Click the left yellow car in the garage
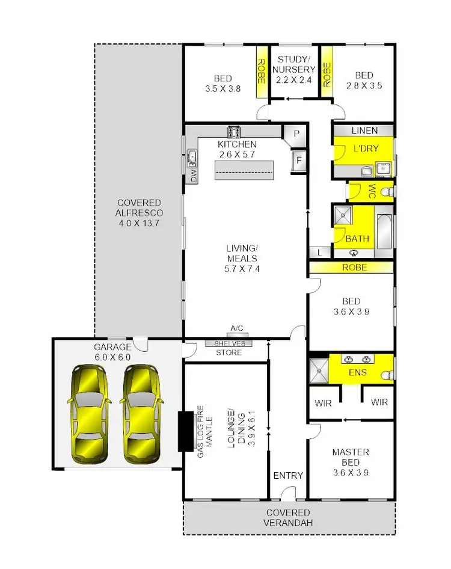(x=90, y=416)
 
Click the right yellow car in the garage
(x=143, y=416)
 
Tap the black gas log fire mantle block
(x=183, y=430)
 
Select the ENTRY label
(x=288, y=475)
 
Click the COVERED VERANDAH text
(x=289, y=518)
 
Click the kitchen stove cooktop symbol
(x=234, y=132)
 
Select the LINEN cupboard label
(x=364, y=131)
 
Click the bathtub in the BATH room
(x=384, y=230)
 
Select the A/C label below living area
(x=236, y=328)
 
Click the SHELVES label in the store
(x=229, y=343)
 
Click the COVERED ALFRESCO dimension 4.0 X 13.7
(x=140, y=223)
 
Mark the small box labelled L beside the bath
(x=319, y=253)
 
